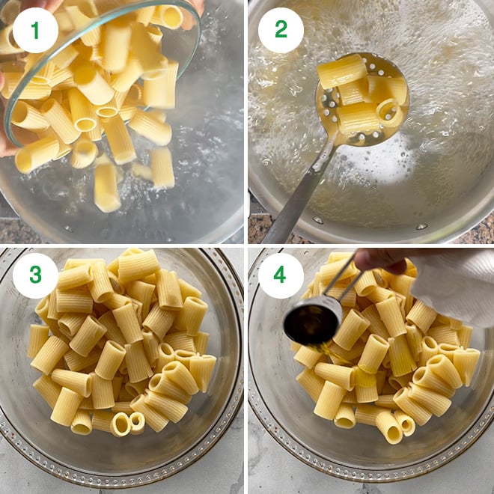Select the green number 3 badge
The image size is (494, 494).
(35, 275)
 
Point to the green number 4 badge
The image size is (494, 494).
(281, 275)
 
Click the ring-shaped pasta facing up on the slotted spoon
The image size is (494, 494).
(388, 111)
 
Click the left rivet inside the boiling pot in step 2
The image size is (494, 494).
(317, 220)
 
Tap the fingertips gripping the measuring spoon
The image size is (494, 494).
(378, 262)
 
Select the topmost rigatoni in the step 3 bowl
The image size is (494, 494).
(138, 263)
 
